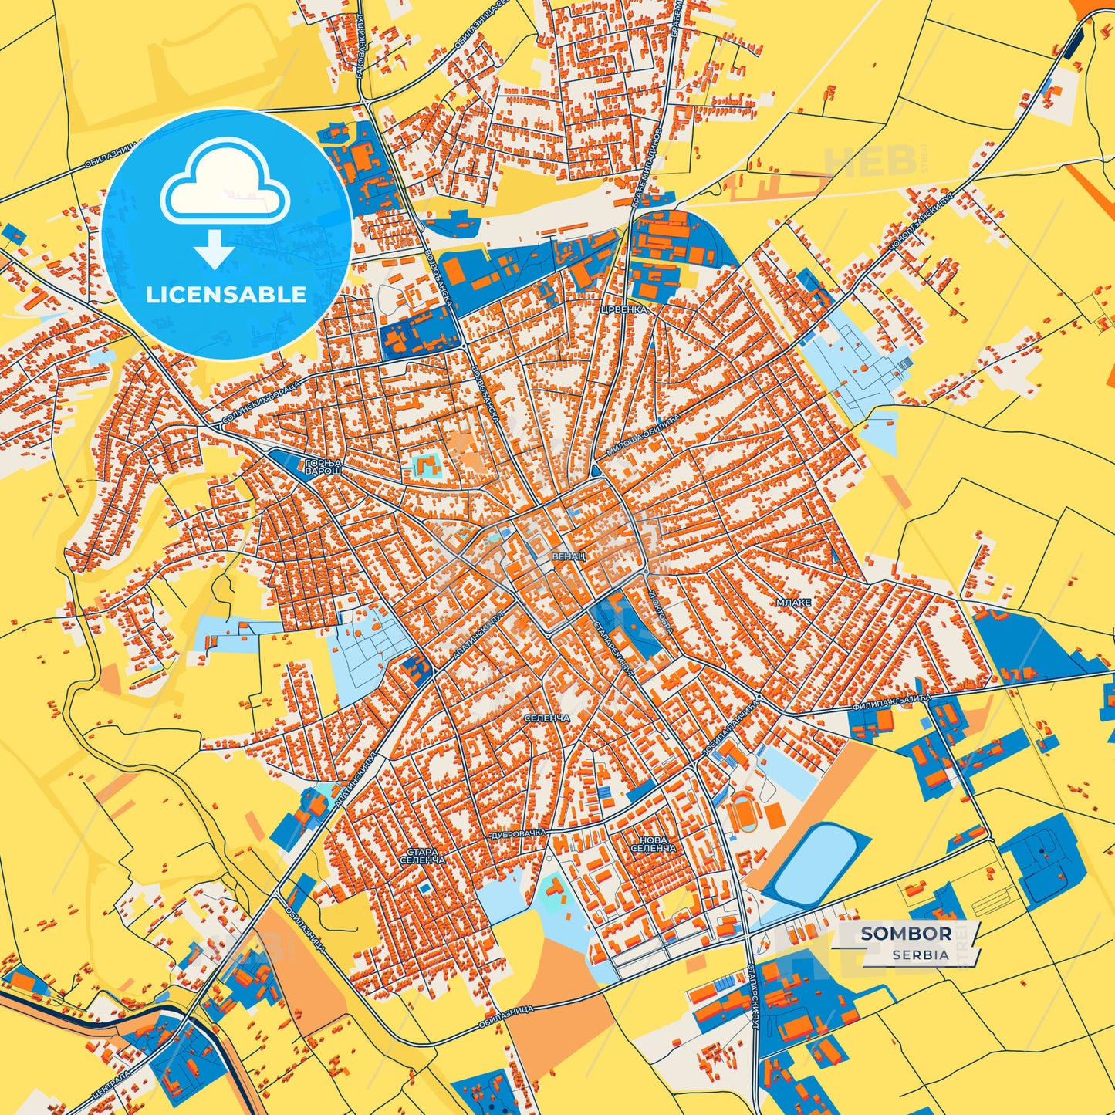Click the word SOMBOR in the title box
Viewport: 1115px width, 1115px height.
pyautogui.click(x=906, y=934)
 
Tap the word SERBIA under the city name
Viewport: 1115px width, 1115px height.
pyautogui.click(x=921, y=955)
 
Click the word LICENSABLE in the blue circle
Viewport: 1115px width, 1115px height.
pyautogui.click(x=227, y=294)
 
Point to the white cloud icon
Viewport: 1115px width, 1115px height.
pyautogui.click(x=225, y=183)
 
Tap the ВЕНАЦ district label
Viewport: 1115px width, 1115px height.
pyautogui.click(x=569, y=556)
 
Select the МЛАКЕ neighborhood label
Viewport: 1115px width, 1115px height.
pyautogui.click(x=794, y=602)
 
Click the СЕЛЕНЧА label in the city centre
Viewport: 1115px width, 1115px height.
pyautogui.click(x=546, y=718)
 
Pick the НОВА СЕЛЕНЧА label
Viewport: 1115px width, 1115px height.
pyautogui.click(x=653, y=843)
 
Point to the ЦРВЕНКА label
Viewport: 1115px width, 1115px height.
pyautogui.click(x=623, y=309)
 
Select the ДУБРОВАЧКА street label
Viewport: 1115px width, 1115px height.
pyautogui.click(x=518, y=835)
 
